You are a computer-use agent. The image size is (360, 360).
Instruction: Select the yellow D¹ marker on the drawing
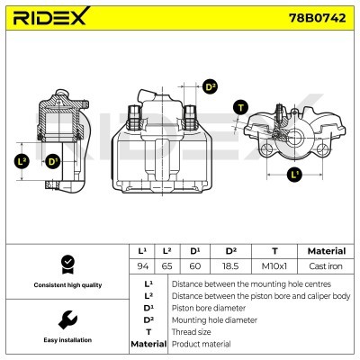(52, 162)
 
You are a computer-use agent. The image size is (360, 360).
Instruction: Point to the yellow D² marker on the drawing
(209, 87)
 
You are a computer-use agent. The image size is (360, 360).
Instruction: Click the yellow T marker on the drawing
(239, 108)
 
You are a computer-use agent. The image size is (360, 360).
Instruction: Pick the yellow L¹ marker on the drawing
(294, 175)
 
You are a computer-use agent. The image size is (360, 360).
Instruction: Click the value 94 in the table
(141, 265)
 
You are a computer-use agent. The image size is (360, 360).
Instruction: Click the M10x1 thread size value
(273, 265)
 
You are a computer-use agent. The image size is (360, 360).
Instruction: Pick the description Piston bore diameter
(209, 307)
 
